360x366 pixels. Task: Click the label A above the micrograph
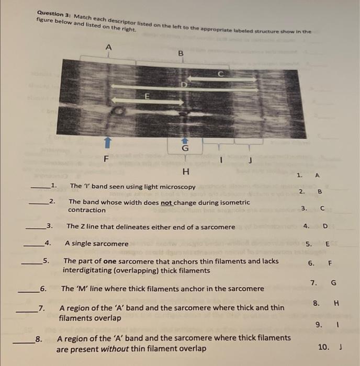pos(108,47)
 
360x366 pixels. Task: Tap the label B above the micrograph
pos(182,53)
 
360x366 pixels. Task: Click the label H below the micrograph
pos(185,171)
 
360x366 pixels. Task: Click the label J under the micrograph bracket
pos(250,161)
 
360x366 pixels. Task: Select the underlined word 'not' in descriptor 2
pos(167,202)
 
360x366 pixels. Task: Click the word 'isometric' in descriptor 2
pos(233,202)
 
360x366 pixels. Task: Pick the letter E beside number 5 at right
pos(328,244)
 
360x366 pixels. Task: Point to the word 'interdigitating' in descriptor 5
pos(86,270)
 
